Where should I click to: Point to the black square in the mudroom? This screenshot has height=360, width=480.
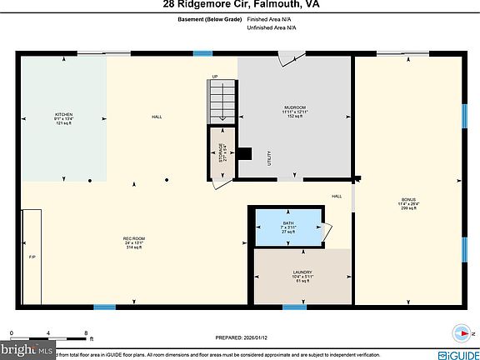245,153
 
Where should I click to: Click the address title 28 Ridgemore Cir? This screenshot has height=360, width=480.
240,5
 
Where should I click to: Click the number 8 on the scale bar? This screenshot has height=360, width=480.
87,333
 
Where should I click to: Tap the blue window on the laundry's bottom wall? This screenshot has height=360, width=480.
294,307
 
